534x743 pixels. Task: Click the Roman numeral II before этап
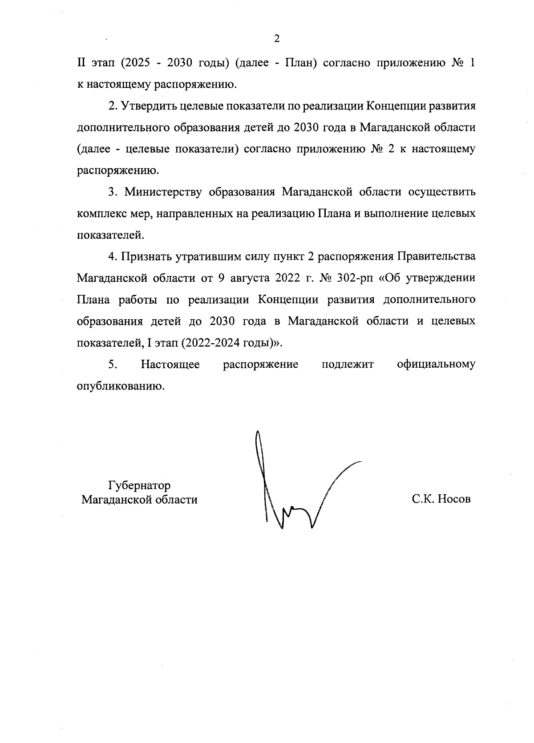pyautogui.click(x=82, y=63)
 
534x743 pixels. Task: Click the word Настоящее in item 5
pyautogui.click(x=170, y=365)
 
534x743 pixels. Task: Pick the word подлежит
pyautogui.click(x=348, y=365)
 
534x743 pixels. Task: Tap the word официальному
pyautogui.click(x=436, y=365)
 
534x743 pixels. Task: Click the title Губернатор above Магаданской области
pyautogui.click(x=139, y=485)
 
